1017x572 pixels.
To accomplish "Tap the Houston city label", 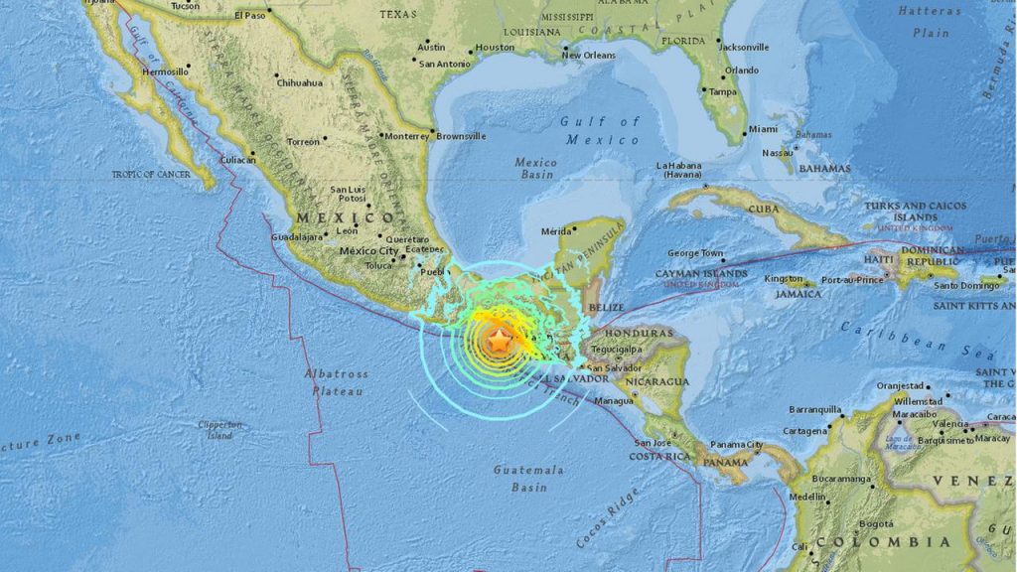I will point(495,47).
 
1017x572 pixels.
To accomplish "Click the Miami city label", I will point(763,129).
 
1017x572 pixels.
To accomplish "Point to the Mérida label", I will point(556,231).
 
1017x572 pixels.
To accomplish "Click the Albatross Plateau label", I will point(336,382).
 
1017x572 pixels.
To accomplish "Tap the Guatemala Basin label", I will point(530,478).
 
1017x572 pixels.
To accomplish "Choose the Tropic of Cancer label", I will point(150,175).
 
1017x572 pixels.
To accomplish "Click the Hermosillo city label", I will point(165,71).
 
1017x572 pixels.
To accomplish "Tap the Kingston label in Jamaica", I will point(784,279).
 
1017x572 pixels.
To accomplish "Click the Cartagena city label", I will point(804,431).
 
